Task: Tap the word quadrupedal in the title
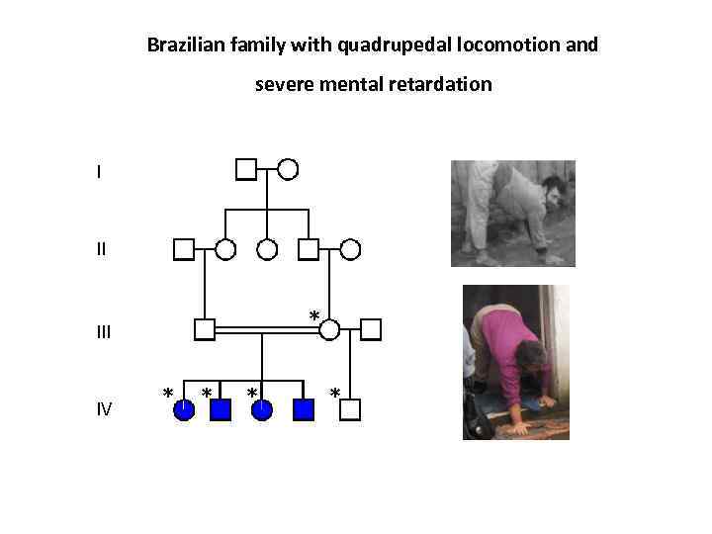click(x=395, y=45)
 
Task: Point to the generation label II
click(x=101, y=249)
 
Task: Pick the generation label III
click(x=104, y=331)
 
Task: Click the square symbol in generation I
click(x=246, y=169)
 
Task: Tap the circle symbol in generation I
click(x=288, y=169)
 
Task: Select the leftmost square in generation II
click(x=183, y=249)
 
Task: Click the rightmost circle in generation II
click(x=350, y=249)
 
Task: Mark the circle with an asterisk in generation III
click(x=329, y=329)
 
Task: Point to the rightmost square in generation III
click(x=371, y=329)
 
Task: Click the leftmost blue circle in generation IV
click(x=184, y=409)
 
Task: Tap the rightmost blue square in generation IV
click(x=304, y=409)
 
